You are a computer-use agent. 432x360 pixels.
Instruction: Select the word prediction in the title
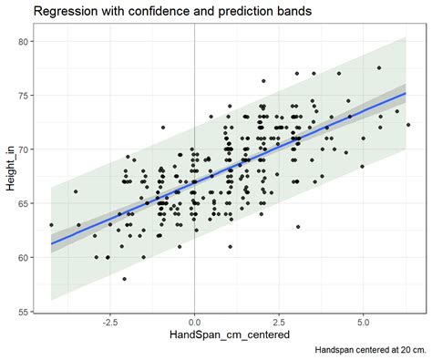(242, 12)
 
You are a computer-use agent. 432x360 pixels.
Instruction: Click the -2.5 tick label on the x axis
(108, 323)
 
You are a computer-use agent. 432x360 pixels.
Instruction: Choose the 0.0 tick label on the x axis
(194, 323)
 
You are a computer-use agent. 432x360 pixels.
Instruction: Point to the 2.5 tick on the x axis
(279, 323)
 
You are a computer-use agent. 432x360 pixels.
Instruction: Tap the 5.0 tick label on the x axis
(364, 323)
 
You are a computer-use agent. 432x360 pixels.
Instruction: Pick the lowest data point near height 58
(125, 278)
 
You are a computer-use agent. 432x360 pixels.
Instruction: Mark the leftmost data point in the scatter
(51, 224)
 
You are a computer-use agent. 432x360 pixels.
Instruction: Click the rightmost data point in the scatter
(407, 125)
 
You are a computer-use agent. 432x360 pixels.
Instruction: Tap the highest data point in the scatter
(379, 67)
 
